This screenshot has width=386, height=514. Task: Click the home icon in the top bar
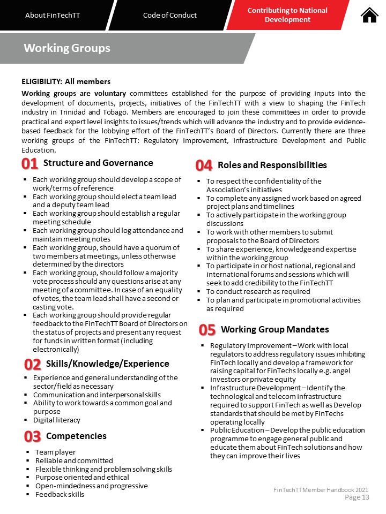click(x=370, y=15)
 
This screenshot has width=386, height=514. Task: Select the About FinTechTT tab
click(x=53, y=15)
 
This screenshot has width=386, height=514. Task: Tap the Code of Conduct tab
click(x=170, y=15)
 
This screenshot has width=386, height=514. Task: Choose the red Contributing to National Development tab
click(x=287, y=15)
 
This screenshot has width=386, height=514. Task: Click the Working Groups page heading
click(x=67, y=48)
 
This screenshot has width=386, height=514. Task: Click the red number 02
click(x=33, y=365)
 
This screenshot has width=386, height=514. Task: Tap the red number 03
click(x=32, y=437)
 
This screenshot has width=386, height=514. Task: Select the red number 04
click(x=204, y=166)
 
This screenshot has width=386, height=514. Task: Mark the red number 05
click(x=207, y=330)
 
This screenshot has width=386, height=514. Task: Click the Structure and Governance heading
click(x=98, y=163)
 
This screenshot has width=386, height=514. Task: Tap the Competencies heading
click(x=76, y=436)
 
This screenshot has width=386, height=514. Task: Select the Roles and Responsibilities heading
click(x=272, y=165)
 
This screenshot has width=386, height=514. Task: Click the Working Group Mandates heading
click(x=274, y=329)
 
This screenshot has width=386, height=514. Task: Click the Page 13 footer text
click(x=357, y=497)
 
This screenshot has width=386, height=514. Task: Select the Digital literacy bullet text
click(x=57, y=420)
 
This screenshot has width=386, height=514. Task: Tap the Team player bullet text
click(x=55, y=452)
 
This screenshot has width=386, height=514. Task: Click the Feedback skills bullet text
click(x=60, y=494)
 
